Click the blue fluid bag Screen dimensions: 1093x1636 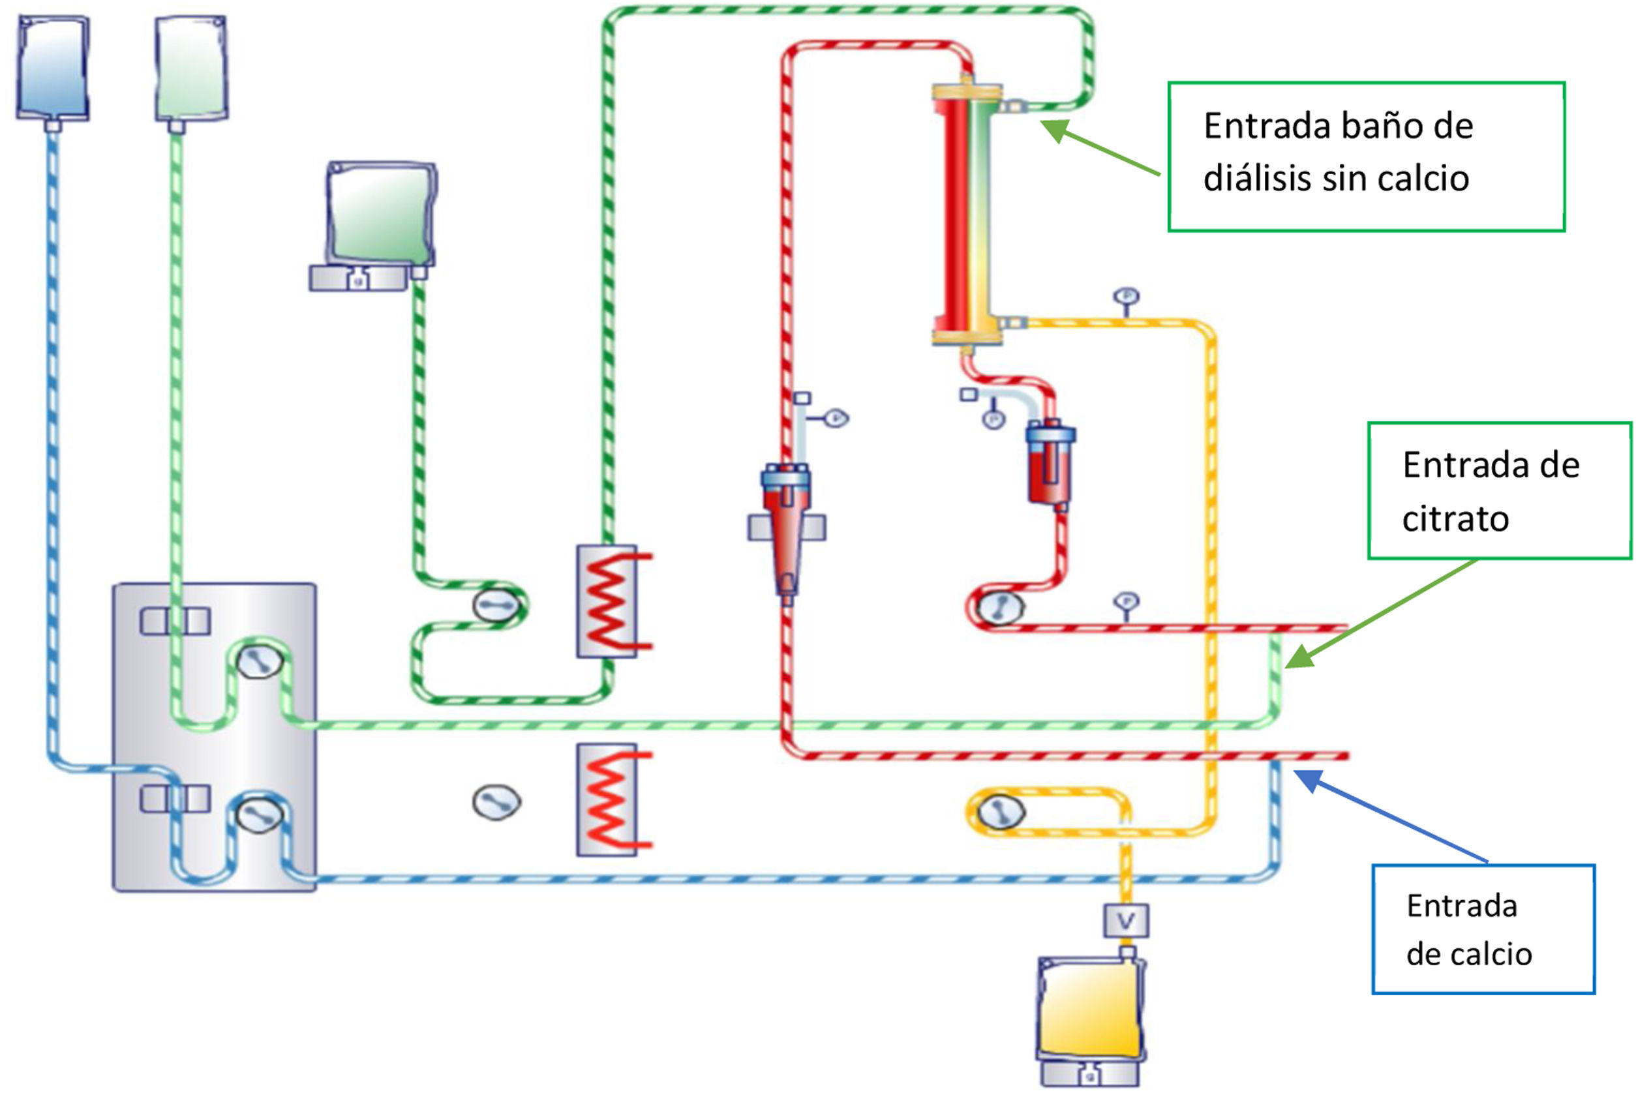click(52, 68)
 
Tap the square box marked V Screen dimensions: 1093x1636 click(1126, 921)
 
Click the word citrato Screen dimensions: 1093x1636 click(1455, 519)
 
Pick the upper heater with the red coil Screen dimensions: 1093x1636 click(607, 601)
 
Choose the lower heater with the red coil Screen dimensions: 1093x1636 click(607, 800)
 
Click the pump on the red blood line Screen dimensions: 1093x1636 click(1000, 606)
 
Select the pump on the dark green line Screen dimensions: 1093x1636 click(496, 605)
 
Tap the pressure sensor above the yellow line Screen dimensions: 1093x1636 click(1126, 297)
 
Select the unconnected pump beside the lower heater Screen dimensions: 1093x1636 click(496, 802)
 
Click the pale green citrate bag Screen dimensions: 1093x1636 click(190, 68)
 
